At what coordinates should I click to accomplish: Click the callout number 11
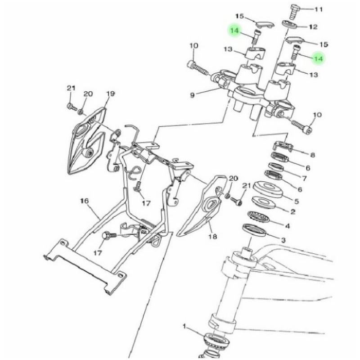pyautogui.click(x=319, y=9)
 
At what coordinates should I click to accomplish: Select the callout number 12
pyautogui.click(x=313, y=27)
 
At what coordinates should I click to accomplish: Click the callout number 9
pyautogui.click(x=192, y=95)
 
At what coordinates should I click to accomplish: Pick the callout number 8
pyautogui.click(x=312, y=155)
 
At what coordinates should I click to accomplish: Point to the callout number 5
pyautogui.click(x=297, y=201)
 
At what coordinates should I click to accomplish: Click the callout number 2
pyautogui.click(x=292, y=211)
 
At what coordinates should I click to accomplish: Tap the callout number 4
pyautogui.click(x=287, y=226)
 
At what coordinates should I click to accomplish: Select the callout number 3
pyautogui.click(x=283, y=240)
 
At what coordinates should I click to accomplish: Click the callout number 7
pyautogui.click(x=304, y=178)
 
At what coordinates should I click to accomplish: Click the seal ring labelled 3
pyautogui.click(x=254, y=229)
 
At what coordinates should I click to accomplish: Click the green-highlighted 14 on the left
pyautogui.click(x=234, y=30)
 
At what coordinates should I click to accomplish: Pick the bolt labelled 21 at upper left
pyautogui.click(x=70, y=107)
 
